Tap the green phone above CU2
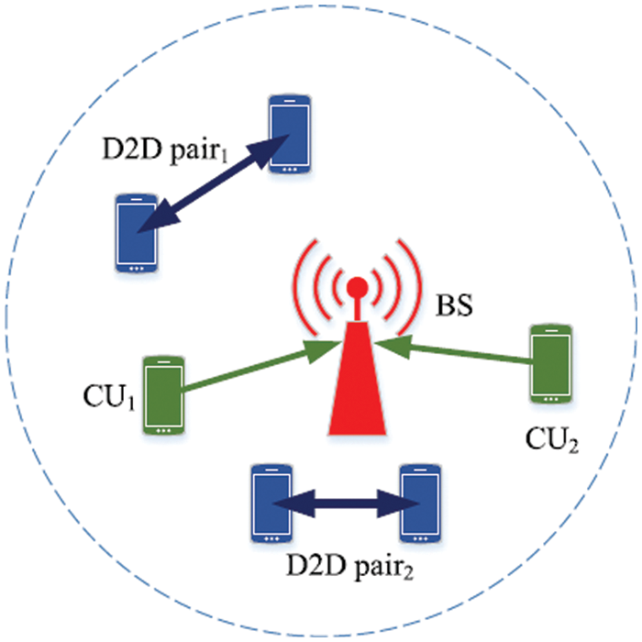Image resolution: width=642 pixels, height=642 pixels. point(551,363)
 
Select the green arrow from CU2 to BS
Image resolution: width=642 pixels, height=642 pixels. point(455,353)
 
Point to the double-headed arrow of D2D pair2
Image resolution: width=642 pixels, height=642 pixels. point(347,504)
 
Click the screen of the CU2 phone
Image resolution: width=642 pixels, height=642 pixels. point(551,360)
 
